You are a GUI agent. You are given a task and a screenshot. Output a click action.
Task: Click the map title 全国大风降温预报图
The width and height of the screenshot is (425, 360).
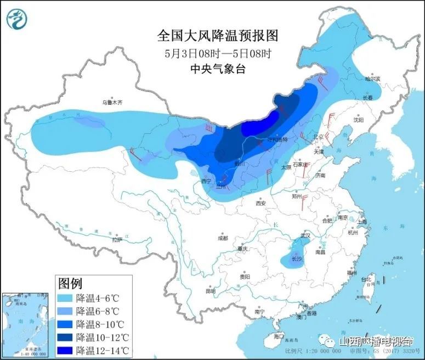[218, 36]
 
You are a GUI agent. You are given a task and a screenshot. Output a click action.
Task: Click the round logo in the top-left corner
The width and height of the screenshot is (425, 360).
[18, 19]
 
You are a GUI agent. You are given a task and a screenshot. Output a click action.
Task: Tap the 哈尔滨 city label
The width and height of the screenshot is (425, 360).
[373, 79]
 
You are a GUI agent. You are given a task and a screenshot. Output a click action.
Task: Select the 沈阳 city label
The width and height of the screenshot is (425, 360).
[358, 119]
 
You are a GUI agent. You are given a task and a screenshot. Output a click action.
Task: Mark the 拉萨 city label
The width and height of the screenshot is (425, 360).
[117, 239]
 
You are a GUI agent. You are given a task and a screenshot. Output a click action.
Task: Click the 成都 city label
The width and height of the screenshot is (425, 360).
[222, 238]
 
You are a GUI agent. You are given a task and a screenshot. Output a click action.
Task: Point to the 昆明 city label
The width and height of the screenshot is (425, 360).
[211, 291]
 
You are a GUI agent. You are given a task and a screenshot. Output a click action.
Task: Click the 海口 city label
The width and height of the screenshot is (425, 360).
[279, 336]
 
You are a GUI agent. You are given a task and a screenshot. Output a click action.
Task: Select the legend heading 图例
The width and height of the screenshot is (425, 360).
[70, 284]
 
